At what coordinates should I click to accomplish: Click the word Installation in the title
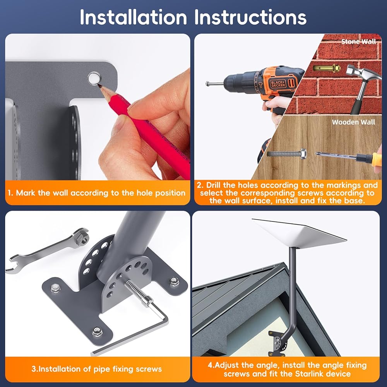[x=133, y=17]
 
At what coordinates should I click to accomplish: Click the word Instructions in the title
[x=250, y=17]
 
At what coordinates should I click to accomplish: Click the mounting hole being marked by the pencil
[x=94, y=78]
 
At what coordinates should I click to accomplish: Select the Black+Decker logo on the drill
[x=278, y=84]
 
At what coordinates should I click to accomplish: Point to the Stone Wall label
[x=358, y=41]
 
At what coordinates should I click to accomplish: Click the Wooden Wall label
[x=353, y=122]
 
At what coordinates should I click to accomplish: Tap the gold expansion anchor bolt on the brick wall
[x=327, y=68]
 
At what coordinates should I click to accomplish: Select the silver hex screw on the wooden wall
[x=287, y=154]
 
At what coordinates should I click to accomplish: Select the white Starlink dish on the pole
[x=300, y=233]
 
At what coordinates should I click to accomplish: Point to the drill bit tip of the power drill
[x=207, y=84]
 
